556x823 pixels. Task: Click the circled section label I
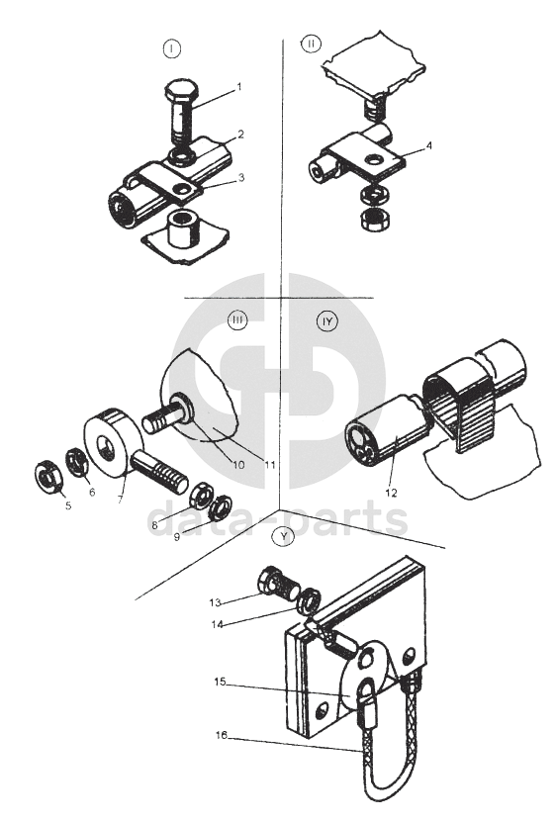[x=172, y=48]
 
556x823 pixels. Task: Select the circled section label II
[x=311, y=44]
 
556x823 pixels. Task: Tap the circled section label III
[x=237, y=321]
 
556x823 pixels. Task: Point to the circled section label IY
[x=328, y=321]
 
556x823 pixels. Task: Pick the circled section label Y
[x=284, y=536]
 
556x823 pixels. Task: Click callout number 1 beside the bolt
[x=239, y=87]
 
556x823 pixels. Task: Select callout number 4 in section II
[x=429, y=145]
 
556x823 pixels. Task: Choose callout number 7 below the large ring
[x=120, y=499]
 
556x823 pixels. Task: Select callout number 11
[x=270, y=465]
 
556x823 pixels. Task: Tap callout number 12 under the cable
[x=392, y=493]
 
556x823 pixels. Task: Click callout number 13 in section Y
[x=216, y=603]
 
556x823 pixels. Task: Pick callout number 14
[x=218, y=624]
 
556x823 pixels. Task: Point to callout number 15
[x=220, y=682]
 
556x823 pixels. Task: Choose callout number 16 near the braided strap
[x=221, y=735]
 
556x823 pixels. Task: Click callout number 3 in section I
[x=241, y=177]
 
